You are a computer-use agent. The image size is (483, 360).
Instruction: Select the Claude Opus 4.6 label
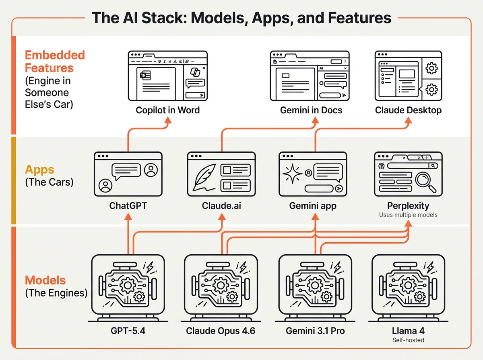coord(220,331)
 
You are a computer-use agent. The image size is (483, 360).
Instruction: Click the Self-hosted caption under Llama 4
coord(408,340)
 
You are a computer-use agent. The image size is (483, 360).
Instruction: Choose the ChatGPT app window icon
coord(128,174)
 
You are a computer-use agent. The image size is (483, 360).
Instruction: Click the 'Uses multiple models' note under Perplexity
coord(408,215)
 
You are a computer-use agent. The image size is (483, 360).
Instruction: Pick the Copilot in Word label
coord(167,110)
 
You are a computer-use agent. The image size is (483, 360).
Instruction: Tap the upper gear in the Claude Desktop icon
coord(431,68)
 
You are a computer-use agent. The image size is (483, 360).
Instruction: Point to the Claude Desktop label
coord(408,110)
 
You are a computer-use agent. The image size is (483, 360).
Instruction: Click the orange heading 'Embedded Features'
coord(55,61)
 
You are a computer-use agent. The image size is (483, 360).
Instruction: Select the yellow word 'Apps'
coord(39,169)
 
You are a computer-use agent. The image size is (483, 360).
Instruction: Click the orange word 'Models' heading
coord(45,280)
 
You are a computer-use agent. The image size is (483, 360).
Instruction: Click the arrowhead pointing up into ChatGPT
coord(128,217)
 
